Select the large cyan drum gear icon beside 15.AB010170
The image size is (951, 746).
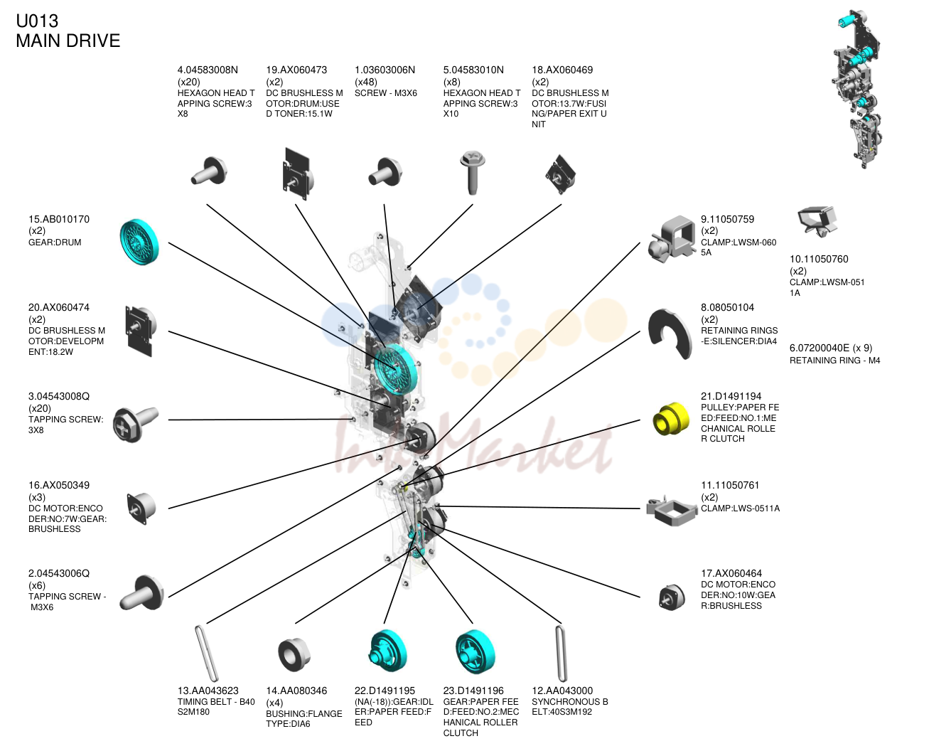[x=139, y=242]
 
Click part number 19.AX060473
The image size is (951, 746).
[x=296, y=70]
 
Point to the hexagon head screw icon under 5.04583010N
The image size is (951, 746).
[x=472, y=173]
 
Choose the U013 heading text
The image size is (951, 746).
[x=37, y=21]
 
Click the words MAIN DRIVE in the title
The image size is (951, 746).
[x=68, y=41]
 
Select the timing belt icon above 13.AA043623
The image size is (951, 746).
[x=205, y=654]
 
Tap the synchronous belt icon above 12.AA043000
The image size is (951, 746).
[x=561, y=654]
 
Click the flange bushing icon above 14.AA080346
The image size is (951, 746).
[x=294, y=654]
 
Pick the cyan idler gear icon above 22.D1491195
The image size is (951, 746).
[x=387, y=651]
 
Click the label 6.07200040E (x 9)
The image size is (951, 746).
[x=831, y=348]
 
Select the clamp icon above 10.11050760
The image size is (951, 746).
[x=817, y=221]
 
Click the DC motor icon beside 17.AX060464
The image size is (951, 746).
[x=672, y=597]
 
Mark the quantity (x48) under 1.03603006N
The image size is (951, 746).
[x=366, y=82]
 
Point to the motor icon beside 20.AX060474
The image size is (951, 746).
[x=141, y=331]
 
